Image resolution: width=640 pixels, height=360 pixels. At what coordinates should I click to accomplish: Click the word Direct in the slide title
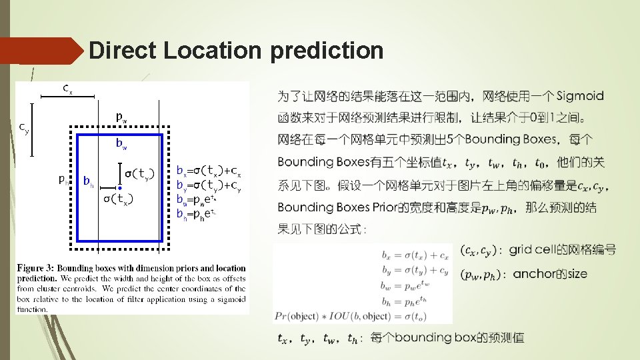click(123, 51)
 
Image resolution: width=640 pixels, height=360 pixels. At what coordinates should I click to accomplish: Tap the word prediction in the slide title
click(327, 51)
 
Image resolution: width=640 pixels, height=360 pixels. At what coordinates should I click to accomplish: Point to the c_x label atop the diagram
click(67, 88)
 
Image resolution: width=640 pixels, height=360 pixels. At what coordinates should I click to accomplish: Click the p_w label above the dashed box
click(121, 117)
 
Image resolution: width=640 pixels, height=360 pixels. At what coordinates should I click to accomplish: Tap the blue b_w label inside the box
click(121, 143)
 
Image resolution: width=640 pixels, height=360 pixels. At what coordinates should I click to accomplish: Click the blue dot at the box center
click(119, 189)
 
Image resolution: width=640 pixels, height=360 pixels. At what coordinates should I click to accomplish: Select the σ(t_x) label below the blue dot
click(117, 199)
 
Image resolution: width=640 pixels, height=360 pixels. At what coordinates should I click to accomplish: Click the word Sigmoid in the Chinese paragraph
click(579, 96)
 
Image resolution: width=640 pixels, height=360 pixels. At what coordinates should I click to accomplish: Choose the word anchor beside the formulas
click(533, 273)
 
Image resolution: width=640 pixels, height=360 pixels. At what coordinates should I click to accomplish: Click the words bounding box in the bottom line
click(435, 338)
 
